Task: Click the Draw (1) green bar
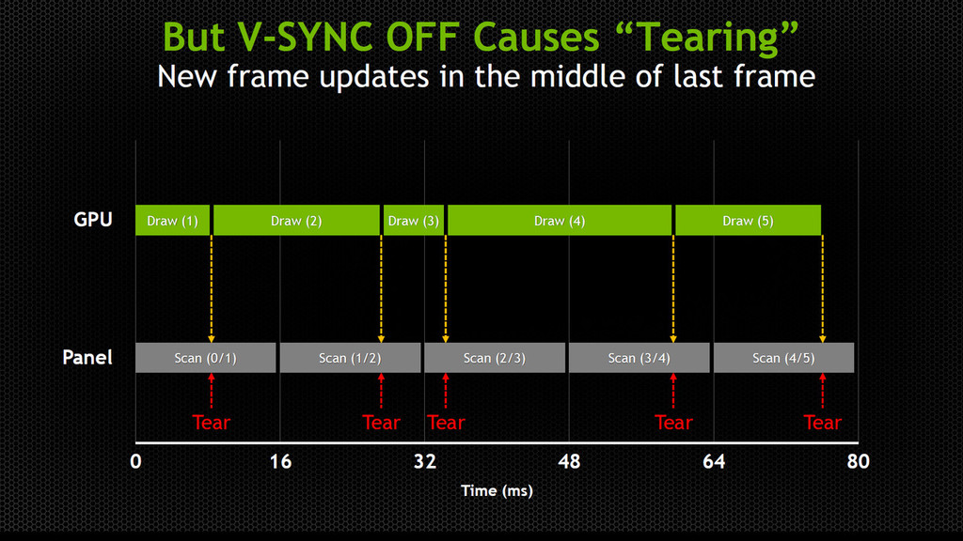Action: [x=173, y=220]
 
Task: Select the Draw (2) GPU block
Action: [x=296, y=220]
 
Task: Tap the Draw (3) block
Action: [x=414, y=220]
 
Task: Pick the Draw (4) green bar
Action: [x=560, y=220]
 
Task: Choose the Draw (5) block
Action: [x=748, y=220]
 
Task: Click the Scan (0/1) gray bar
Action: [x=206, y=358]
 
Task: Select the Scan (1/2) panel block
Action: [x=350, y=358]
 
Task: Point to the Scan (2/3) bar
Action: [x=495, y=358]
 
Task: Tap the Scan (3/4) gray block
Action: [x=639, y=358]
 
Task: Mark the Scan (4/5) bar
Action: [x=783, y=358]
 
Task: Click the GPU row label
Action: [x=93, y=220]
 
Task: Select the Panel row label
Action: [x=87, y=357]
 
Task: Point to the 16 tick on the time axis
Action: [x=280, y=461]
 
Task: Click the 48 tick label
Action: [x=569, y=461]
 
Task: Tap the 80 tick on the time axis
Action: [x=858, y=461]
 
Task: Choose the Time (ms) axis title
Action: [x=497, y=490]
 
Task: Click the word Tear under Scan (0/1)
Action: [x=212, y=422]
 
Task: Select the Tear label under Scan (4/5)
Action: [x=822, y=422]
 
